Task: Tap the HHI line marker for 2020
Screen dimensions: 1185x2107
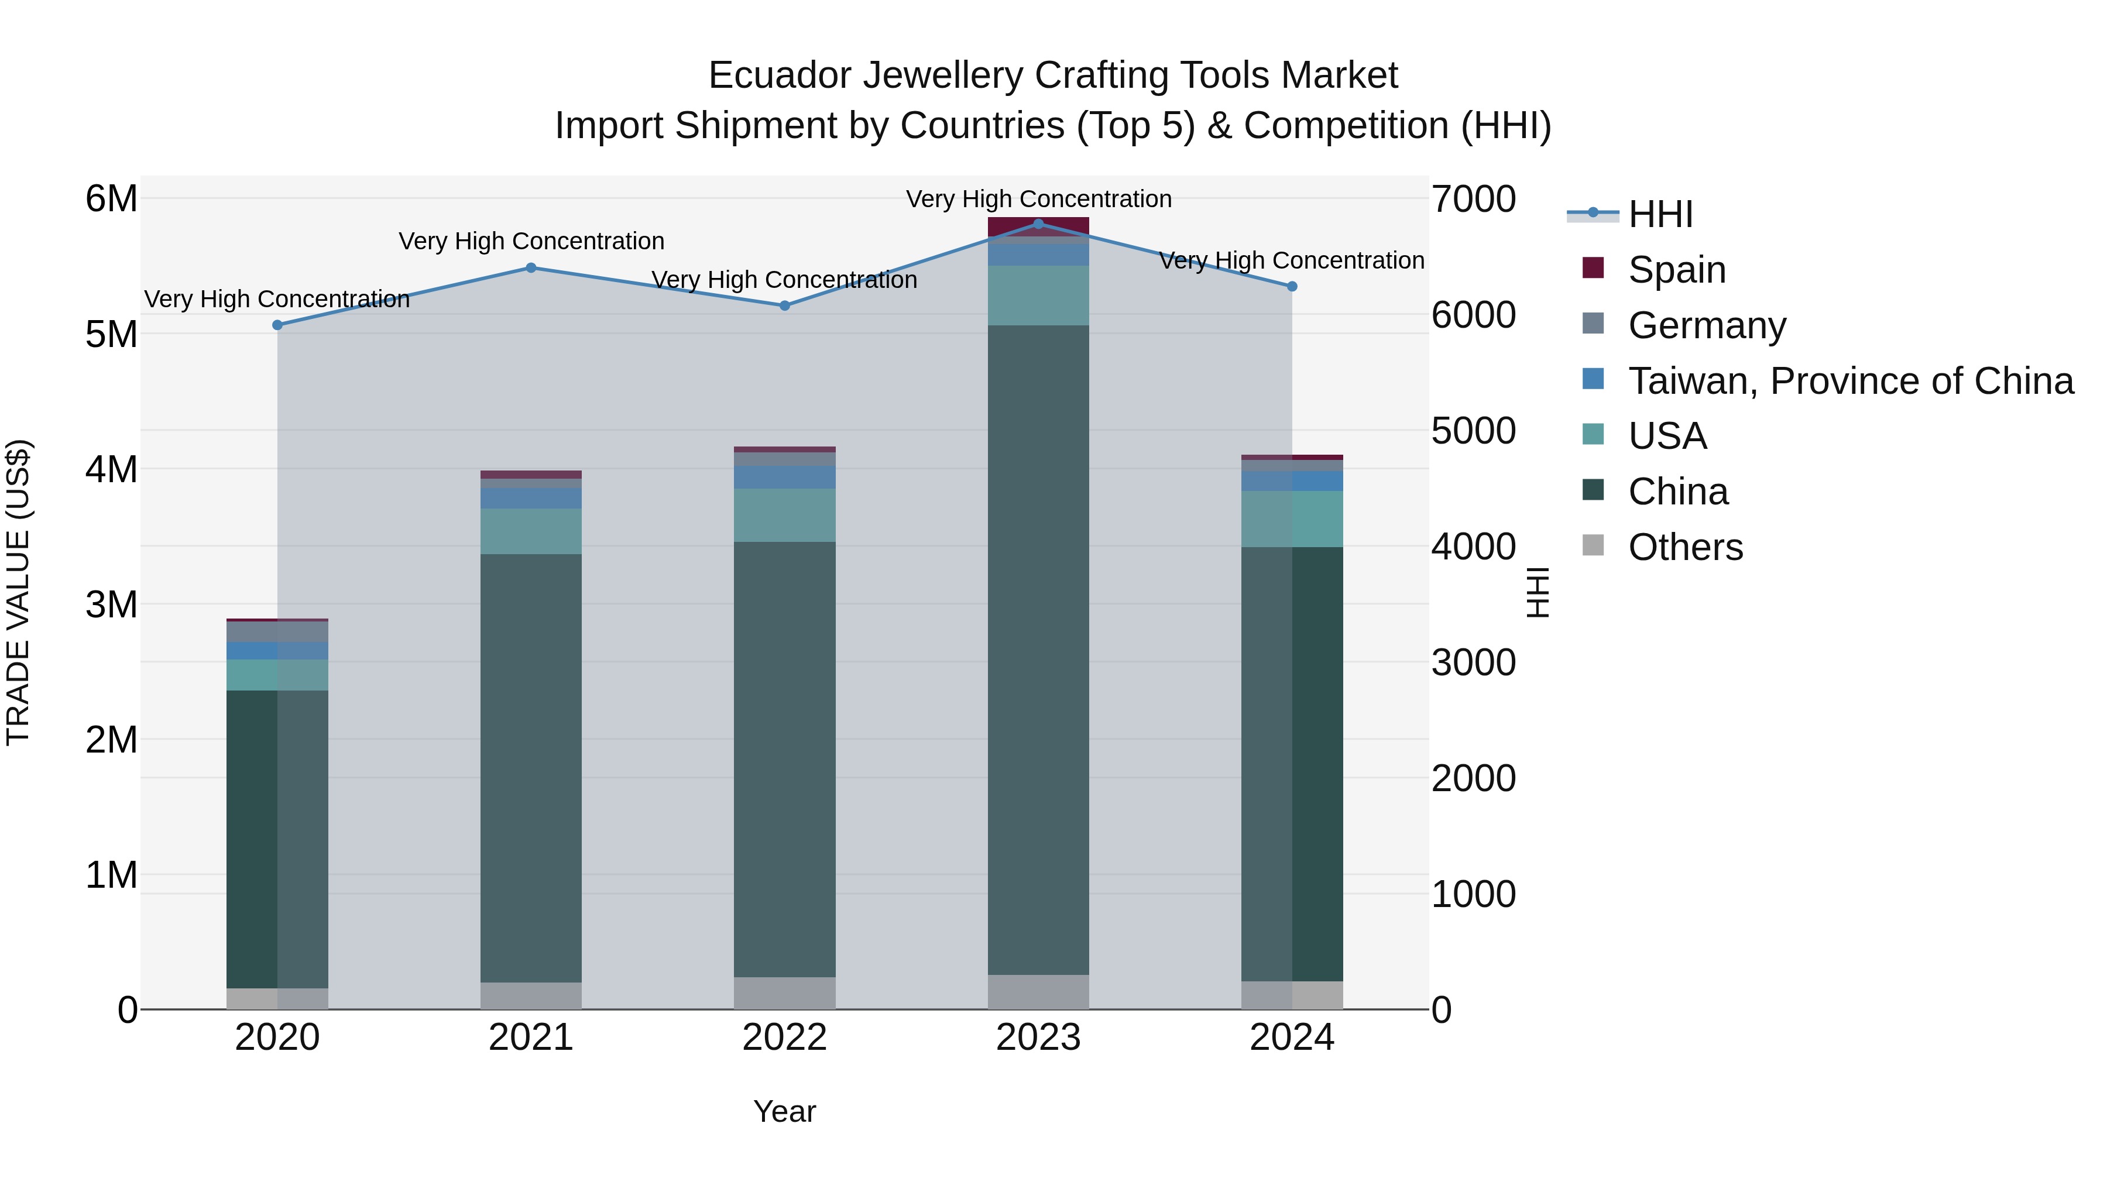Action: pos(277,325)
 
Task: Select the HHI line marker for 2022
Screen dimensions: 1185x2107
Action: pos(784,306)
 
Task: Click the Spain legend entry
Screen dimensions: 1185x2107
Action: pos(1677,269)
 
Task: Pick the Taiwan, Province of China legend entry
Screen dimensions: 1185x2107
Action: pos(1850,380)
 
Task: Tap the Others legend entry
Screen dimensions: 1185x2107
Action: pos(1685,547)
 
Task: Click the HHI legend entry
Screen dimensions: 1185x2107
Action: pos(1660,214)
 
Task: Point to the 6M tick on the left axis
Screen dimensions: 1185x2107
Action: pos(111,199)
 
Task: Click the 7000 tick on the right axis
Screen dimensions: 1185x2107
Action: pos(1473,199)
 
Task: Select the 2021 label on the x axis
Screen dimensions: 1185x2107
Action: pos(531,1038)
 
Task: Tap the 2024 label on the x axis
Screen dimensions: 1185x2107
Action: pos(1292,1038)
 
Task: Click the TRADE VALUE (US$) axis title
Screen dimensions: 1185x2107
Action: pos(18,592)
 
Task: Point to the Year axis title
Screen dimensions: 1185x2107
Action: pos(784,1111)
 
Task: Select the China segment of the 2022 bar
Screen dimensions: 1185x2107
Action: pos(784,759)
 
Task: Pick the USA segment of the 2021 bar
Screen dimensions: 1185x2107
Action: pos(531,531)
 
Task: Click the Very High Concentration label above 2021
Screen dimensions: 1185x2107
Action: pos(531,241)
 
